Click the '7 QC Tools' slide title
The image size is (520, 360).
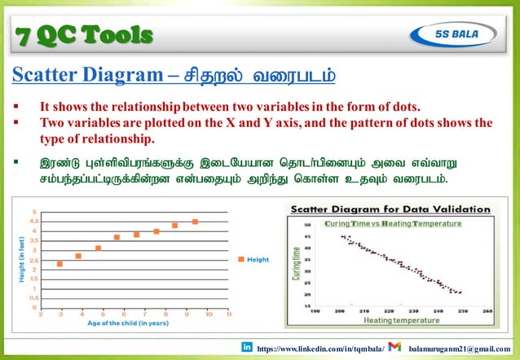pos(85,34)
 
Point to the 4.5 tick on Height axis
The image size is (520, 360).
pos(33,221)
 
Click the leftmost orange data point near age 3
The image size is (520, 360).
pos(59,264)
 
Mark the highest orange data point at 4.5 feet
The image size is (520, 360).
pos(196,222)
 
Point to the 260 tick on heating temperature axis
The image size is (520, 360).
pos(487,310)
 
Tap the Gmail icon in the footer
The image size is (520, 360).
pos(394,347)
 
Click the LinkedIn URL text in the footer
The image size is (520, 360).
pos(320,348)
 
